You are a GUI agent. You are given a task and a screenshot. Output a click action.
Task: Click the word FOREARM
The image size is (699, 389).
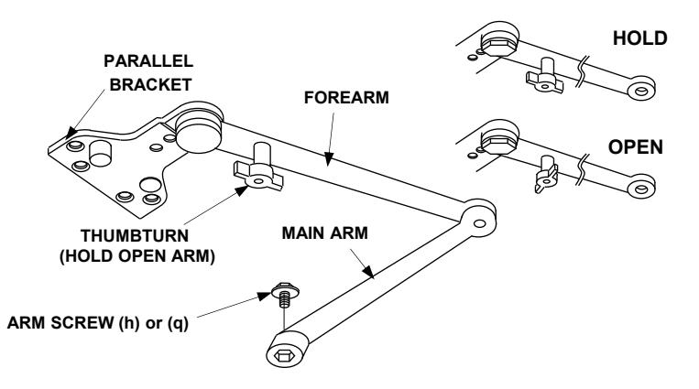[x=346, y=98]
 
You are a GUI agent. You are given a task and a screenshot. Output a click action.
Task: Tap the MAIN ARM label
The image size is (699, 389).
[x=325, y=233]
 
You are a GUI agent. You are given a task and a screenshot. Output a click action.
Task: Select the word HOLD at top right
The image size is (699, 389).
[x=639, y=38]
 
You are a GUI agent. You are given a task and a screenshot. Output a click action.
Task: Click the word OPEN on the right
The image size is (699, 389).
[x=635, y=147]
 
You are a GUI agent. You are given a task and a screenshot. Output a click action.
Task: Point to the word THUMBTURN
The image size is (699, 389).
[x=135, y=236]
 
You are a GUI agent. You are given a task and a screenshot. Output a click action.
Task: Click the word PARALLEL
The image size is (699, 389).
[x=148, y=61]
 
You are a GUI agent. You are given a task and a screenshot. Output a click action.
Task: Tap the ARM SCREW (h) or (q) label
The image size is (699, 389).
[x=98, y=322]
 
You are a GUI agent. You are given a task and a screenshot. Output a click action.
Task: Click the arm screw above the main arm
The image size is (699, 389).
[x=285, y=295]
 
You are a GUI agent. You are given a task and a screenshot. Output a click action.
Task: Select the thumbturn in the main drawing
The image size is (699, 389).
[x=259, y=170]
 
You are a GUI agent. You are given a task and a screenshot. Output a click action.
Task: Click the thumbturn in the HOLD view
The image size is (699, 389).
[x=545, y=76]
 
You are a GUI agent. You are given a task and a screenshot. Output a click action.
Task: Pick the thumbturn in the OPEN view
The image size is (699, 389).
[x=546, y=174]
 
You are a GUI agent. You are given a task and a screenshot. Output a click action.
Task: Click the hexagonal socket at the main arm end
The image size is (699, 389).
[x=283, y=356]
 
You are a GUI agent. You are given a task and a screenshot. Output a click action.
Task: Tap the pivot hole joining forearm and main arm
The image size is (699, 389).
[x=479, y=223]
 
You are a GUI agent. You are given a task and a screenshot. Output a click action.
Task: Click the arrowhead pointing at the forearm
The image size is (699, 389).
[x=329, y=158]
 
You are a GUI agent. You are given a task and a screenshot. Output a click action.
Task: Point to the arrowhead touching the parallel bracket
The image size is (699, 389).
[x=71, y=133]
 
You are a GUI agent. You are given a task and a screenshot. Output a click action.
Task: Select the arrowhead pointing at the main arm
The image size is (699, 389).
[x=368, y=271]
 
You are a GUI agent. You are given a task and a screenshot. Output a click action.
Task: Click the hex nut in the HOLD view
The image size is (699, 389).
[x=498, y=46]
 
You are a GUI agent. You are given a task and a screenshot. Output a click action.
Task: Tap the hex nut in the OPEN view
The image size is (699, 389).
[x=498, y=144]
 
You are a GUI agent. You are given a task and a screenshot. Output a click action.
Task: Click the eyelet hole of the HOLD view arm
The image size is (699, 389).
[x=641, y=92]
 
